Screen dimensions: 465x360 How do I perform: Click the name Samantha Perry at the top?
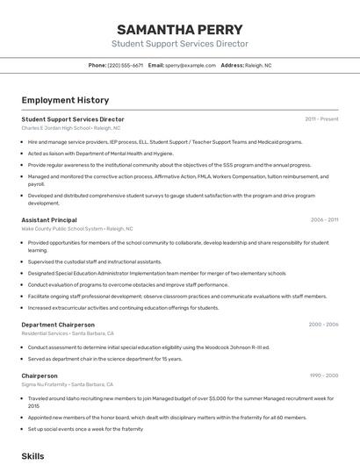tap(179, 28)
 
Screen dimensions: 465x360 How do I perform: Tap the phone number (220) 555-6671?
tap(126, 65)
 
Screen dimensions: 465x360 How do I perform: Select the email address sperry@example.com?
tap(191, 65)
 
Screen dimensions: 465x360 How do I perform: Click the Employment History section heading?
tap(65, 100)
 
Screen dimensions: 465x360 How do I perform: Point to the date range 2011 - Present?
tap(321, 118)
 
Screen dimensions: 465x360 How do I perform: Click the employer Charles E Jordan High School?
tap(71, 128)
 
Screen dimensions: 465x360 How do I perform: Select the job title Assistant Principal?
tap(49, 220)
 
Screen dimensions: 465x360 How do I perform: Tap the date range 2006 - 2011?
tap(324, 220)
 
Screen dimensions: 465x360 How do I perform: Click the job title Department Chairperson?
tap(57, 325)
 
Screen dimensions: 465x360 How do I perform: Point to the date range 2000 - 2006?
tap(323, 325)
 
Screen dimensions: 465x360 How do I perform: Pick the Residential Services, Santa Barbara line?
tap(68, 333)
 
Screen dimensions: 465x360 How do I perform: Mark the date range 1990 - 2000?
tap(323, 376)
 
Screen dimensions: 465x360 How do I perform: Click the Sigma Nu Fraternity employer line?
tap(68, 384)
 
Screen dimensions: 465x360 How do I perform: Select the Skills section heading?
tap(32, 456)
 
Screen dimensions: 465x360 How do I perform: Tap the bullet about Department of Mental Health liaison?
tap(101, 153)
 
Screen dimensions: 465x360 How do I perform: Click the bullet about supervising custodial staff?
tap(95, 261)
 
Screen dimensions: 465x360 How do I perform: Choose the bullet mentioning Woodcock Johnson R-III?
tap(148, 347)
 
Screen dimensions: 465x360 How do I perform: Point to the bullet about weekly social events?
tap(85, 429)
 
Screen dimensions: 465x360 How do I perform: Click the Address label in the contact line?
tap(232, 65)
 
